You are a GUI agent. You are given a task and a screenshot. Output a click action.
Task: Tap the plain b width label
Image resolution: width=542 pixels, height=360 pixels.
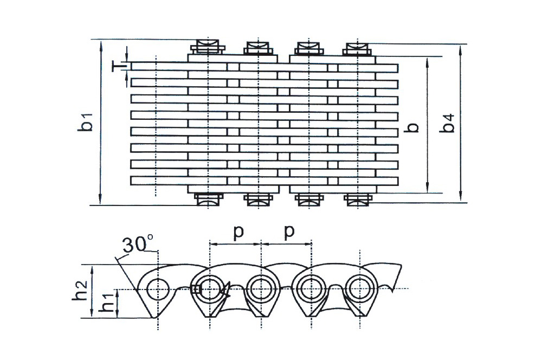tap(414, 127)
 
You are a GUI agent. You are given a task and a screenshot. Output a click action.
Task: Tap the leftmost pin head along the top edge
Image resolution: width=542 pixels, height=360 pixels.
tap(209, 47)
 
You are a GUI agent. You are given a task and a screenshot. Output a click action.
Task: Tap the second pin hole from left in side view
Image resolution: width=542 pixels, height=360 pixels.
tap(209, 288)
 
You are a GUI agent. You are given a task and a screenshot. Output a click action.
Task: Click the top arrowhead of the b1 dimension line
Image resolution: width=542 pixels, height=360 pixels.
tap(101, 43)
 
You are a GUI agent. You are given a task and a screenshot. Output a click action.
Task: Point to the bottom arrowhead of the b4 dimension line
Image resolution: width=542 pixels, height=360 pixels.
tap(460, 198)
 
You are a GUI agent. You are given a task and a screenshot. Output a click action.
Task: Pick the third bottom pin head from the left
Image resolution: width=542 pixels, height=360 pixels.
tap(308, 200)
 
